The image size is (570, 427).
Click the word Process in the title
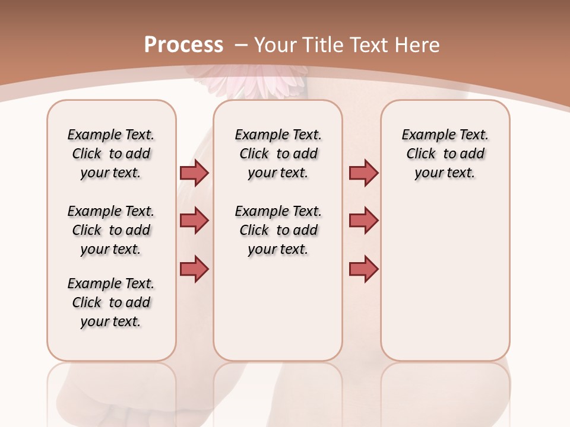click(x=183, y=45)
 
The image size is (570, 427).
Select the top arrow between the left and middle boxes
click(x=194, y=173)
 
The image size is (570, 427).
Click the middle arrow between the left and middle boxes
click(x=194, y=221)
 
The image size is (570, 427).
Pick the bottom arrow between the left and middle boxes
click(x=194, y=269)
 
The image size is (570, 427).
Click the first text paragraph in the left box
click(x=111, y=154)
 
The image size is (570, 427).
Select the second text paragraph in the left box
click(x=111, y=230)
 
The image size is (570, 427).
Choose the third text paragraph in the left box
click(x=111, y=302)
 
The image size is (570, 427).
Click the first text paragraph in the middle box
click(x=278, y=154)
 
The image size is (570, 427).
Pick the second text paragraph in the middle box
click(x=278, y=230)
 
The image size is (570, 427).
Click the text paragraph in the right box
click(x=445, y=154)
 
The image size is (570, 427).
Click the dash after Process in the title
click(x=241, y=45)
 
